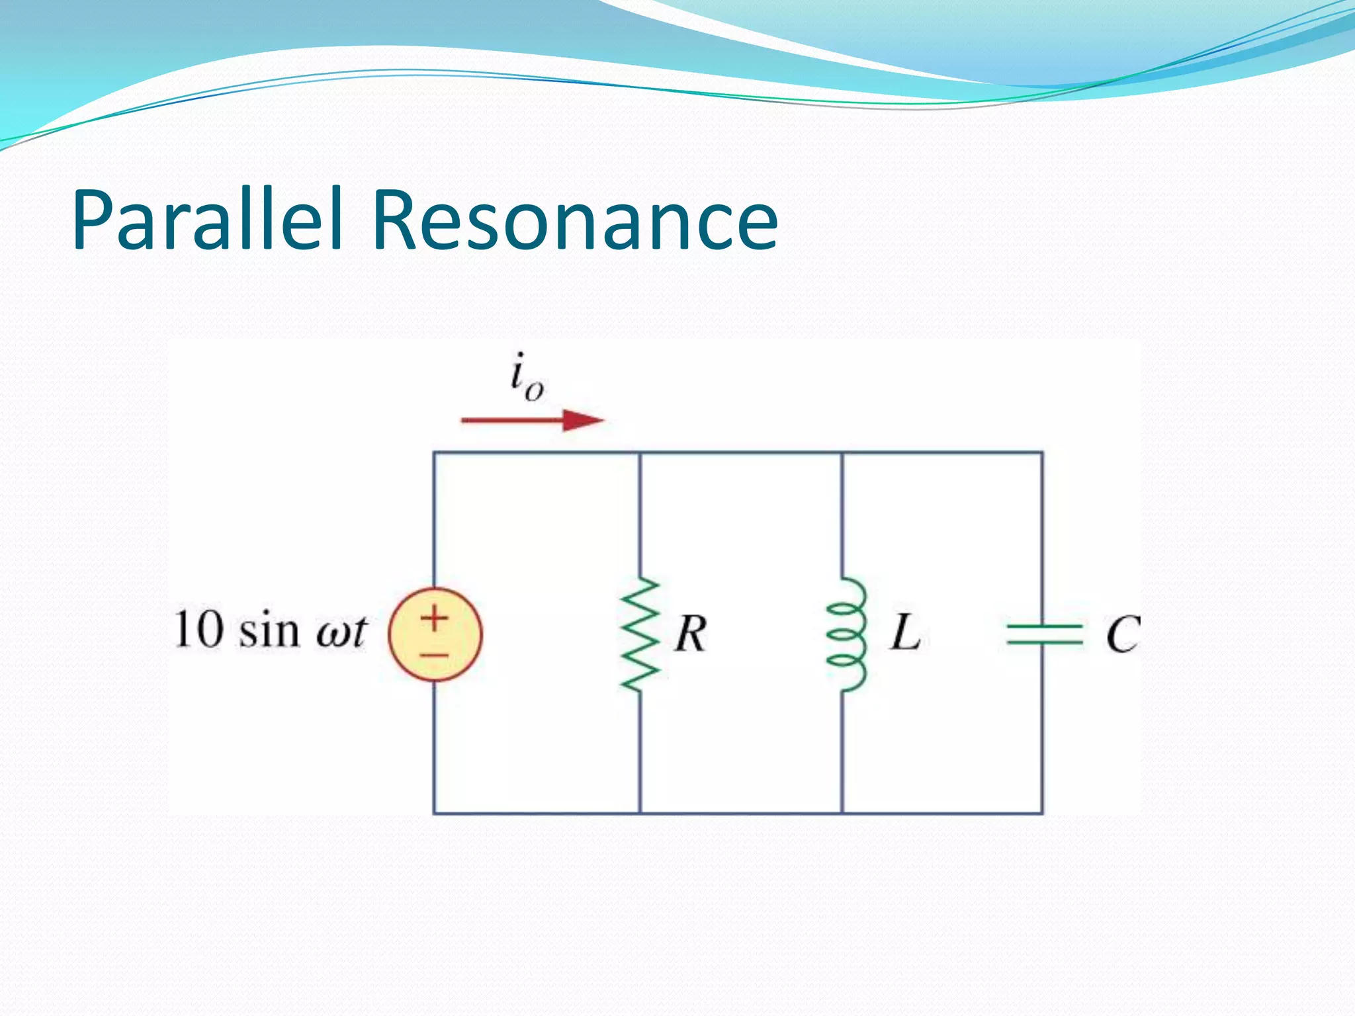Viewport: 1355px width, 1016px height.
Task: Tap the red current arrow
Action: [x=532, y=420]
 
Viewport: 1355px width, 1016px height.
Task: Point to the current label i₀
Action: [x=527, y=378]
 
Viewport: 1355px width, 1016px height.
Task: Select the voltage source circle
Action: [x=435, y=634]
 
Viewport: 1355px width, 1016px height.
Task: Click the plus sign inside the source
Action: [x=435, y=618]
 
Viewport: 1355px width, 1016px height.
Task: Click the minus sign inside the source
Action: [x=435, y=656]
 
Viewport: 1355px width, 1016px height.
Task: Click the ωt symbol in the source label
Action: [x=341, y=632]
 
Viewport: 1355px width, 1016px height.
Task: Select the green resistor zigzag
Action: [x=640, y=634]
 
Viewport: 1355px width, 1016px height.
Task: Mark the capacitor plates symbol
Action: [x=1043, y=634]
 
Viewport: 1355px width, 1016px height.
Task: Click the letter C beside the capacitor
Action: [x=1123, y=634]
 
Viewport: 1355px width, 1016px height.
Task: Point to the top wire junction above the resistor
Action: [x=640, y=452]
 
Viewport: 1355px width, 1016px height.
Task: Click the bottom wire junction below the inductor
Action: [x=842, y=812]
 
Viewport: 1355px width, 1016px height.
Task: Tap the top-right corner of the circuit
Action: [x=1043, y=452]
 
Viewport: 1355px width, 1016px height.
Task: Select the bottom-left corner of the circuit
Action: [x=434, y=812]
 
